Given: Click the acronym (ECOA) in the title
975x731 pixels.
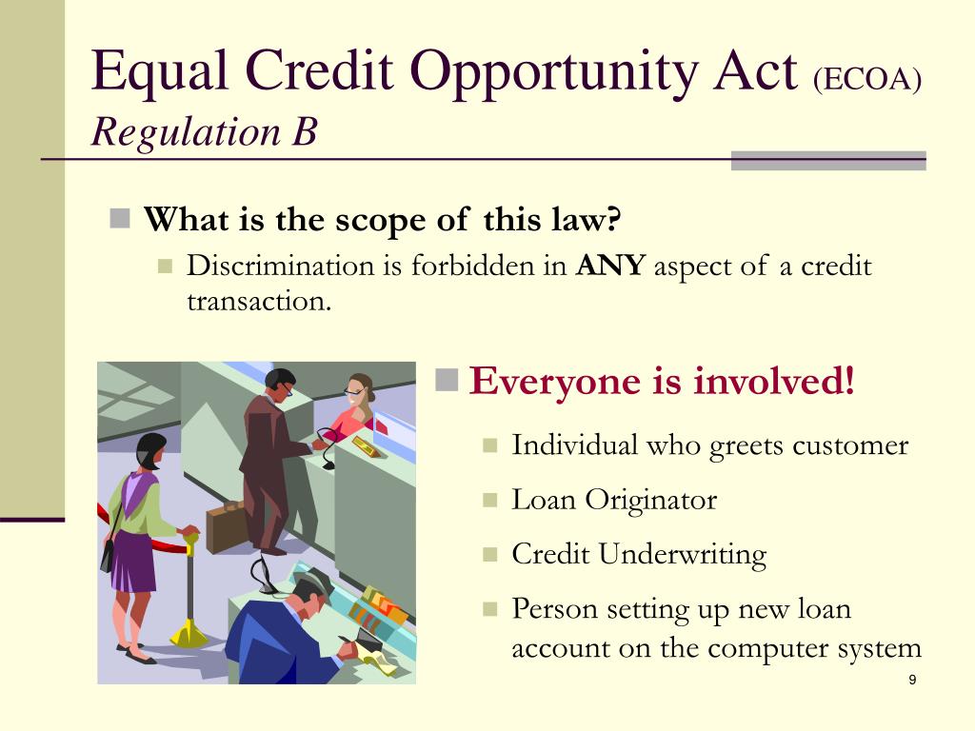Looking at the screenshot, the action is click(x=867, y=79).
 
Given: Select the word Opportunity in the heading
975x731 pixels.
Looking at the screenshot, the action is click(x=554, y=73).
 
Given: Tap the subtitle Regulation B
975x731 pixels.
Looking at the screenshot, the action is click(x=205, y=131).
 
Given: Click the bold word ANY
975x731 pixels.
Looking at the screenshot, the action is click(x=610, y=266).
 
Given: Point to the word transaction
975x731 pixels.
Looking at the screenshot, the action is click(x=259, y=302).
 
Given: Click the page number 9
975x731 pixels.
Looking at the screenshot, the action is click(x=912, y=680).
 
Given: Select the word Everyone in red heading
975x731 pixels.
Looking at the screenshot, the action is click(x=555, y=381).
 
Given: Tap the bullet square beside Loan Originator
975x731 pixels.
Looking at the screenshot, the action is click(x=490, y=500).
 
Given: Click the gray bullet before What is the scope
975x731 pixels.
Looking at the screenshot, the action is click(x=119, y=218).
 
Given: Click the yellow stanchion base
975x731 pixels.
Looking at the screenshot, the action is click(x=189, y=634).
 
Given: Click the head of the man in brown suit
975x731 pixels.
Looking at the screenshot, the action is click(x=280, y=385).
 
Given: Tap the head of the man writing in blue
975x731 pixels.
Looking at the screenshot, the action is click(x=312, y=594).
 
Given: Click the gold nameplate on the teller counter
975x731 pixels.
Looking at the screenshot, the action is click(x=367, y=445).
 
